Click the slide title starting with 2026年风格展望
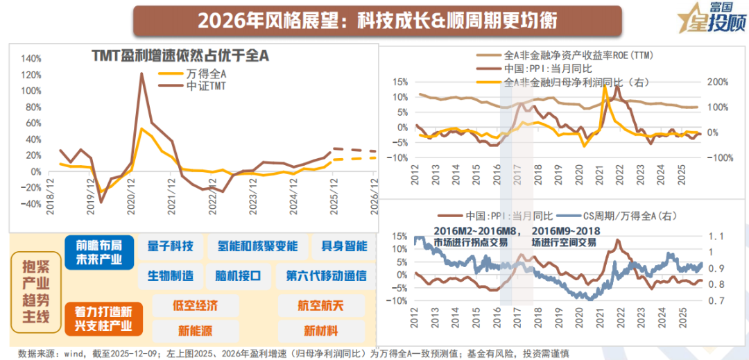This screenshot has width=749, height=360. click(377, 20)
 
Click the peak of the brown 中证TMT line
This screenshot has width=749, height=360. click(141, 74)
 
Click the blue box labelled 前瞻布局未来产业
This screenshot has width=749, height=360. click(98, 252)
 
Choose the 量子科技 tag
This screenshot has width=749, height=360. click(171, 246)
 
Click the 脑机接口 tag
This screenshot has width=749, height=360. click(238, 275)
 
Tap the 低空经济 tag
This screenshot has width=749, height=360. click(195, 305)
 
